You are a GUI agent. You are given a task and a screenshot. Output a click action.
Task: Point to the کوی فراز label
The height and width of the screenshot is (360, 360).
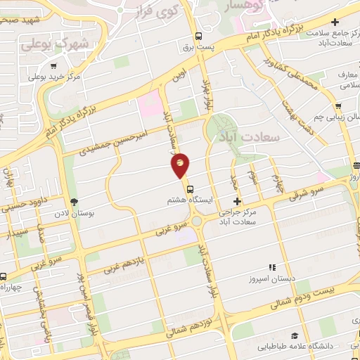click(x=169, y=12)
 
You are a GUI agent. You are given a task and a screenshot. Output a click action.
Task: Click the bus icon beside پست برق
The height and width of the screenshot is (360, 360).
click(x=199, y=37)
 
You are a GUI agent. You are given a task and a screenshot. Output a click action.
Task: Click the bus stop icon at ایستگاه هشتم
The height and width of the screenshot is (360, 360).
click(x=190, y=189)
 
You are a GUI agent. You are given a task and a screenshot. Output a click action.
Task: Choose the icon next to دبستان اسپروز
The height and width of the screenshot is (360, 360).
click(x=272, y=267)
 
